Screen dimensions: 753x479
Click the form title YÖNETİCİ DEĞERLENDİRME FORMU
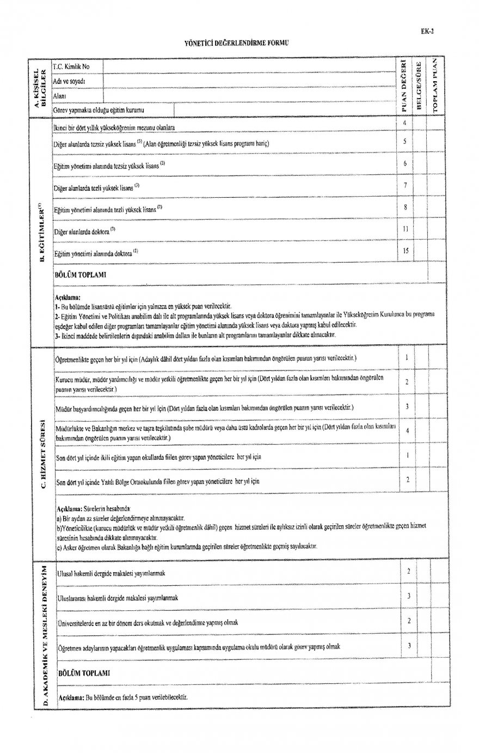click(x=235, y=42)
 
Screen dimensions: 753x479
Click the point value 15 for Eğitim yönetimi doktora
click(x=406, y=251)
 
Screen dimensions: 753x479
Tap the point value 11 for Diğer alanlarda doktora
click(x=406, y=229)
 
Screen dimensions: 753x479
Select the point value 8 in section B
click(x=406, y=207)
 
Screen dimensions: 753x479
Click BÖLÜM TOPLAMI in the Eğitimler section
click(x=80, y=275)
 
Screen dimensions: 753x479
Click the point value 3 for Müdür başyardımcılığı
click(x=407, y=407)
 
